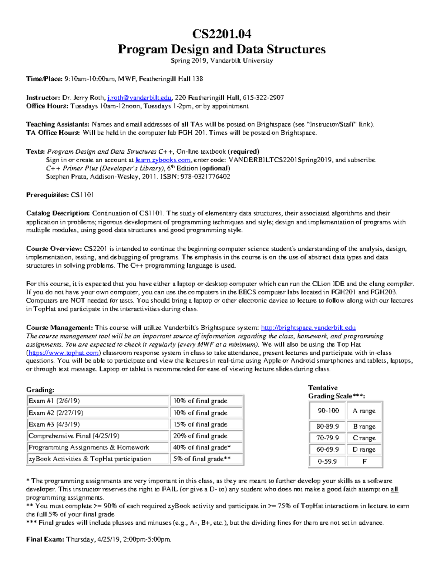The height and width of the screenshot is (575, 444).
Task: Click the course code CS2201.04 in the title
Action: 221,34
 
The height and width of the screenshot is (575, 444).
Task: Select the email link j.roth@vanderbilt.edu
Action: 139,98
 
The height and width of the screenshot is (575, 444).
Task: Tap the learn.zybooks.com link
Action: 163,160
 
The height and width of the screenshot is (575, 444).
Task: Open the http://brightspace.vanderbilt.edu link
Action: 308,328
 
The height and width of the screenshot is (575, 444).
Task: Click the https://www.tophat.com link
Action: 63,353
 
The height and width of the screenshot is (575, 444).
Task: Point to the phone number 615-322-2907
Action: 263,98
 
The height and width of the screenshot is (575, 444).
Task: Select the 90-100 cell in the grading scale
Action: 328,411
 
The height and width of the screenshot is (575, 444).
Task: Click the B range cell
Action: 364,427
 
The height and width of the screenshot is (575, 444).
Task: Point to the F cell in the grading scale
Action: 364,461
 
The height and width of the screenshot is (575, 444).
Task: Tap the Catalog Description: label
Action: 58,213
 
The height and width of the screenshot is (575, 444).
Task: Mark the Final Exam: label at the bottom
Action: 45,539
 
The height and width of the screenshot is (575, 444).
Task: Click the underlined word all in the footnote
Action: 394,489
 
